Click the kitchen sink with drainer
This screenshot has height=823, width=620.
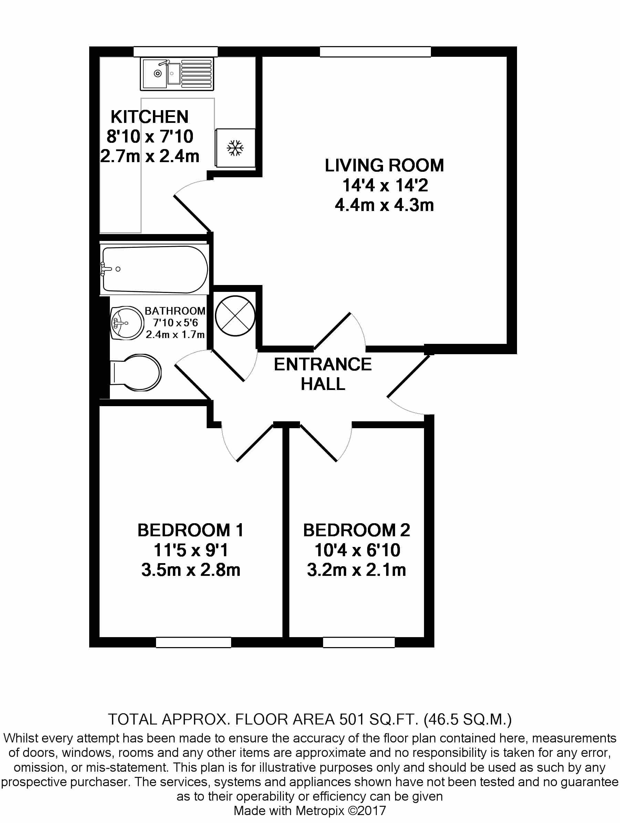point(177,74)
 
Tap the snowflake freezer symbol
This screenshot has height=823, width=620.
point(235,148)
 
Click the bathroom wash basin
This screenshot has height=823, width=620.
point(127,323)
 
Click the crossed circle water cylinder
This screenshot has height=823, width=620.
point(235,316)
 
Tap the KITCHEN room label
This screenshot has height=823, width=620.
point(149,117)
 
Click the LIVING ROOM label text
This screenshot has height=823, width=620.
point(384,166)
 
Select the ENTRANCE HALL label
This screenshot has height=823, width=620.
point(322,373)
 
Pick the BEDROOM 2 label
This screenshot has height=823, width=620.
point(356,530)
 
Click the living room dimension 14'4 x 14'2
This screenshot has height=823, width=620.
point(385,185)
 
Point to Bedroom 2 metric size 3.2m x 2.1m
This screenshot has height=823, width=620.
point(356,570)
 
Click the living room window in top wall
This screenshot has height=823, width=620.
point(375,52)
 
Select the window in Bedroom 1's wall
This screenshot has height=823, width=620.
point(193,642)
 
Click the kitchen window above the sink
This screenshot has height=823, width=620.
point(175,52)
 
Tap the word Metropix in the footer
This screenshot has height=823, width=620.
point(320,810)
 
